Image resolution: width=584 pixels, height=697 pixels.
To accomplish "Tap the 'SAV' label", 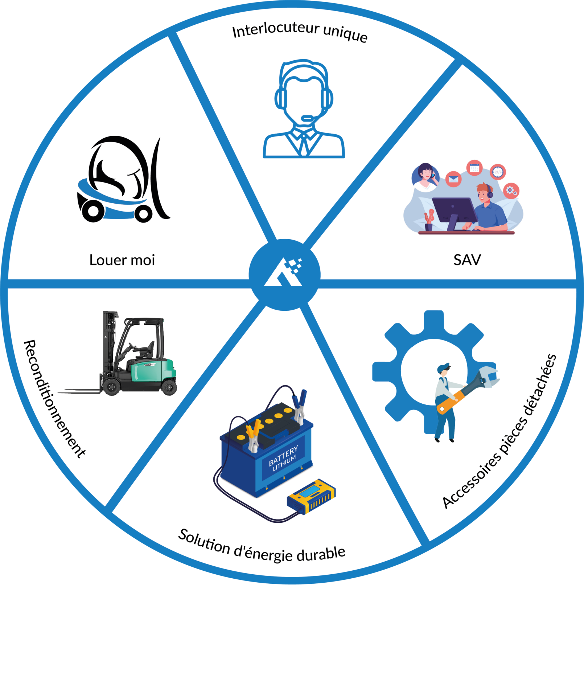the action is coord(467,260).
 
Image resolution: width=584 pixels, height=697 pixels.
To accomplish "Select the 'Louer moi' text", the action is coord(122,260).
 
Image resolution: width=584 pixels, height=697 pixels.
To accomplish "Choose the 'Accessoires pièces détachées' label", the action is coord(500,431).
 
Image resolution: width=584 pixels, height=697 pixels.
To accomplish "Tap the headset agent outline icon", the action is coord(304,109).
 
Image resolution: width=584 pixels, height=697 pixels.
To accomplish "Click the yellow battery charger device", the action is coord(311,496).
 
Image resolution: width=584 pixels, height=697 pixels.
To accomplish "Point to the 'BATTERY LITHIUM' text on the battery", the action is coord(283,458).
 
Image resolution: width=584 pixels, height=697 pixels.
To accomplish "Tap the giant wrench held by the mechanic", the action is coord(468,390).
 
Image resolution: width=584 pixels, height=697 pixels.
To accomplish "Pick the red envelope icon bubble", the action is coord(453,179).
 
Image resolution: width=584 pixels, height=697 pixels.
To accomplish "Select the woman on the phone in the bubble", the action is coord(425,176).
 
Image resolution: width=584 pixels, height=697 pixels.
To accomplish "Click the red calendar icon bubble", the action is coord(474,168).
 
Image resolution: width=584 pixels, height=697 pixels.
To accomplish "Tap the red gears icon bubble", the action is coord(511,190).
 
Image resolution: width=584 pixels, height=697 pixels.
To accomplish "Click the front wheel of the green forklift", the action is coord(111,386).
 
